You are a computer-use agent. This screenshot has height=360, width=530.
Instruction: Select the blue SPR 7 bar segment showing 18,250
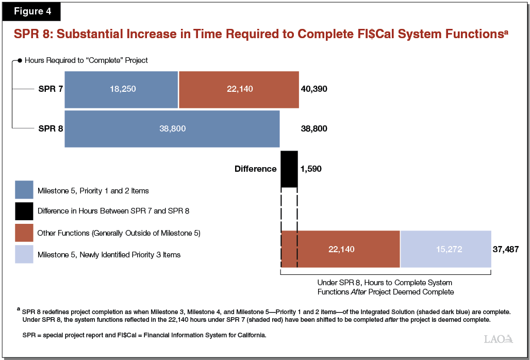coord(121,89)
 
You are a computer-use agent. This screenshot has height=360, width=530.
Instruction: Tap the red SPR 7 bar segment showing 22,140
coord(239,89)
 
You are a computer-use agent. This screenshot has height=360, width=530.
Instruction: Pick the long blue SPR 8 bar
coord(172,128)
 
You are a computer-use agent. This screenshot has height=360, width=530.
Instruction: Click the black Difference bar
coord(289,169)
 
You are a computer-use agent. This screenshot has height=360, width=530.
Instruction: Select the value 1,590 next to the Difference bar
coord(311,169)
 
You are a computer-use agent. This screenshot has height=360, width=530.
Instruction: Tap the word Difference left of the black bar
coord(255,169)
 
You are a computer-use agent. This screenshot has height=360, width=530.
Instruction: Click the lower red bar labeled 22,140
coord(340,249)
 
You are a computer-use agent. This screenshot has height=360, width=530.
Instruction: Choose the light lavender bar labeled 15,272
coord(445,249)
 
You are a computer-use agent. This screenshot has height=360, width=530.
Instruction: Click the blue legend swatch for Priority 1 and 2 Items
coord(24,190)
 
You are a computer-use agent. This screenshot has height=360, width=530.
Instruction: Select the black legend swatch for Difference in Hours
coord(24,211)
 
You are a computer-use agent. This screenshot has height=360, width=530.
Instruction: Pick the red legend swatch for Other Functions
coord(24,233)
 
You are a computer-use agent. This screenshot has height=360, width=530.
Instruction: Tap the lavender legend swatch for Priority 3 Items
coord(24,254)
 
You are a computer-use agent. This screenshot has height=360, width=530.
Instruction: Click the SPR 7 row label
coord(51,89)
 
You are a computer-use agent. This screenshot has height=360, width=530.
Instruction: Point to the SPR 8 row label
coord(51,128)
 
